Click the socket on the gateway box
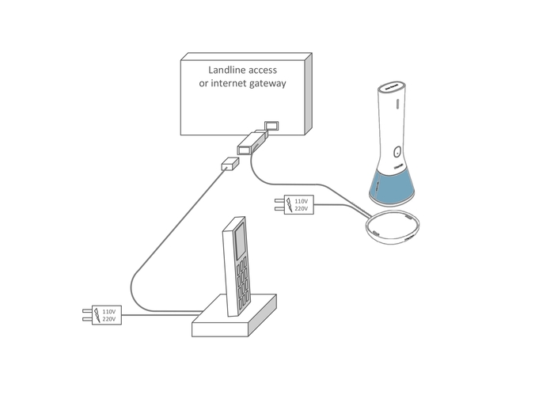click(x=271, y=126)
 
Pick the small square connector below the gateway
click(x=230, y=164)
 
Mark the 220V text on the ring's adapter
click(x=302, y=210)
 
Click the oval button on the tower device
click(x=398, y=153)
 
